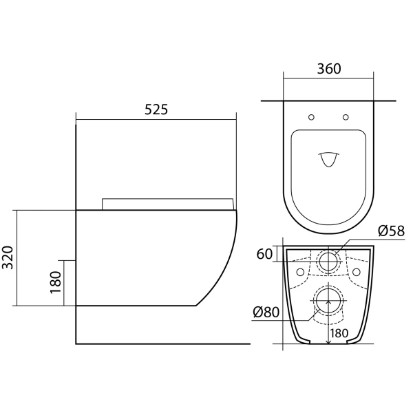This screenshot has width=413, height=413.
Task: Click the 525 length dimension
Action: pos(156,109)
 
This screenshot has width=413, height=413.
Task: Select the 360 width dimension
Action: pos(329,69)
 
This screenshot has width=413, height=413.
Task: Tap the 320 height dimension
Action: pos(8,257)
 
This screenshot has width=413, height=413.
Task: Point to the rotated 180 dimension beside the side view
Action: pos(55,282)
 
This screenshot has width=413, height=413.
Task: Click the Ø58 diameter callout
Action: pos(391,231)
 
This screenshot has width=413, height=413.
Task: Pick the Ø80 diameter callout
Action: pos(266,313)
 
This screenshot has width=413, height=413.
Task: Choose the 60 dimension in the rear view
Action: pos(264,254)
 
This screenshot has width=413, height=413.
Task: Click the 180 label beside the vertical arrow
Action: pos(339,333)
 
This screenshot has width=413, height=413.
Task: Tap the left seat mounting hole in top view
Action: pos(311,117)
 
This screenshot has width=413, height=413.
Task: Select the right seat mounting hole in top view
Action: pos(346,117)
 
